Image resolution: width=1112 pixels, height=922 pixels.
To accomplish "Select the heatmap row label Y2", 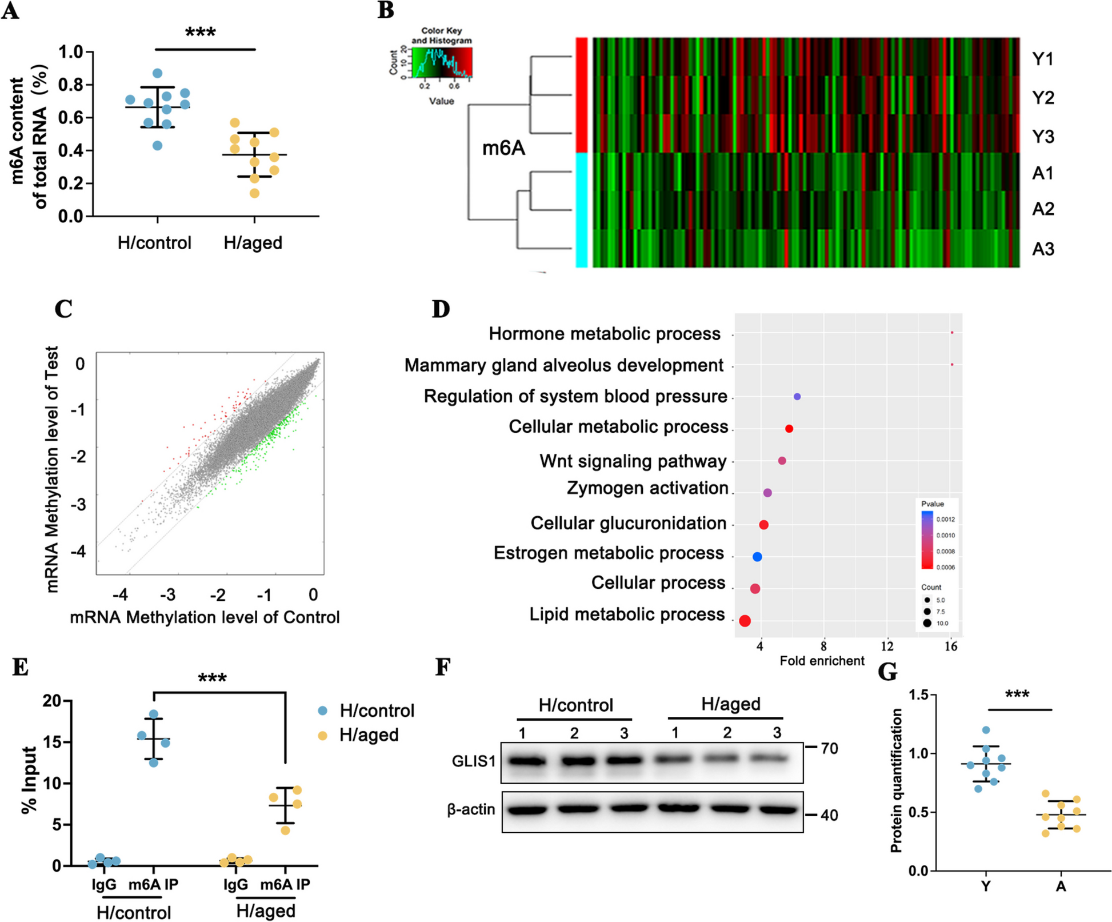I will point(1043,98).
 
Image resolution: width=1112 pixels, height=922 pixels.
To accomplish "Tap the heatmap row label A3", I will point(1043,249).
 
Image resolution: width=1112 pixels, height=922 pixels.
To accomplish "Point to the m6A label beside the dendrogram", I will point(503,149).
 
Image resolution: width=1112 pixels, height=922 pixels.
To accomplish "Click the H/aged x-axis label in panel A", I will point(253,243).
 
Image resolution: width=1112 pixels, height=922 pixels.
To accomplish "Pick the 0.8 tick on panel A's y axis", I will point(71,85).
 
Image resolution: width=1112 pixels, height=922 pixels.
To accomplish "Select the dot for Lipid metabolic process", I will point(745,621).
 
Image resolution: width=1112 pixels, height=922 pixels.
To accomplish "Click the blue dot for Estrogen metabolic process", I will point(757,557).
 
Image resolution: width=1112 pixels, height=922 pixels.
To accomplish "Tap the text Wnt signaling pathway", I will point(633,461).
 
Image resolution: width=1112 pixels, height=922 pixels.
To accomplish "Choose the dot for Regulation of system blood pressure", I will point(797,397).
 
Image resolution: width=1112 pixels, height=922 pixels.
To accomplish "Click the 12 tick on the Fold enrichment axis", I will point(887,646).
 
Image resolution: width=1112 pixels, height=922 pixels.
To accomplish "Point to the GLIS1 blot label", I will point(474,761).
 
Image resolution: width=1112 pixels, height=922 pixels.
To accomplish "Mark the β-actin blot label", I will point(471,809).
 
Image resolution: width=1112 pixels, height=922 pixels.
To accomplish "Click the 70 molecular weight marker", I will point(829,748).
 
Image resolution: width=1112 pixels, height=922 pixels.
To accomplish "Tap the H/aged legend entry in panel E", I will point(369,735).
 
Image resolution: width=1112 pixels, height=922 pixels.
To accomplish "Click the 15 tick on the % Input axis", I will point(53,742).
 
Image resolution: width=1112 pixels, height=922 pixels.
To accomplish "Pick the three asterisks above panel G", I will point(1017,695).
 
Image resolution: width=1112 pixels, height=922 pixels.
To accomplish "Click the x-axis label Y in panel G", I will point(986,887).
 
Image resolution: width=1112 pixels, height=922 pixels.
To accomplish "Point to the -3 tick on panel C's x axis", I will point(167,595).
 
